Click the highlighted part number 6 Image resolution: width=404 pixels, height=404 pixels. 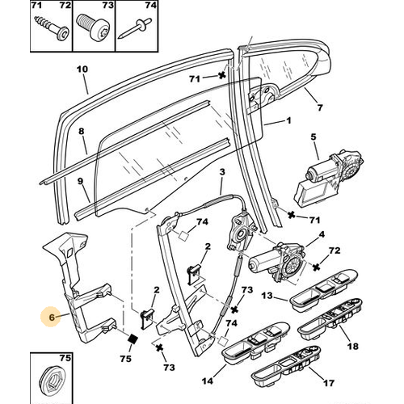52,318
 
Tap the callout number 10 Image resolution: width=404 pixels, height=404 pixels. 82,69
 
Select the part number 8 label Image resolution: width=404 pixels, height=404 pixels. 81,132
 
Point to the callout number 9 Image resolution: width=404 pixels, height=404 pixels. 80,181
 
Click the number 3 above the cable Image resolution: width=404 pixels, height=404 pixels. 222,172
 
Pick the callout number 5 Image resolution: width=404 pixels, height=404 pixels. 314,137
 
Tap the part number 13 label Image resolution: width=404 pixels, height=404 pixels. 267,296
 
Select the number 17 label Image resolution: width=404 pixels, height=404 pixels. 328,383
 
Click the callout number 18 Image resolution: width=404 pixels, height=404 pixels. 353,346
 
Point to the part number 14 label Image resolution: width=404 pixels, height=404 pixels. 208,381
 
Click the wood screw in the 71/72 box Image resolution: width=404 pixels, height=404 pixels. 53,28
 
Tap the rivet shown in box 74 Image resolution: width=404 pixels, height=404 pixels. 135,28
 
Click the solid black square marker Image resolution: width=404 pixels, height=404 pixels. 133,339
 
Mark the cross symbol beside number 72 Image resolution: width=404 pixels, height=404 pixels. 317,267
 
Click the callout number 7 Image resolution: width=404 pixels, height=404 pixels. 319,107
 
